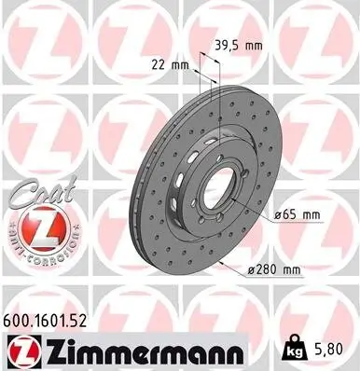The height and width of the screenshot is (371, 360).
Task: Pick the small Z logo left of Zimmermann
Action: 21,350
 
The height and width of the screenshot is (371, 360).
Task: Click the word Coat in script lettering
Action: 35,190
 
